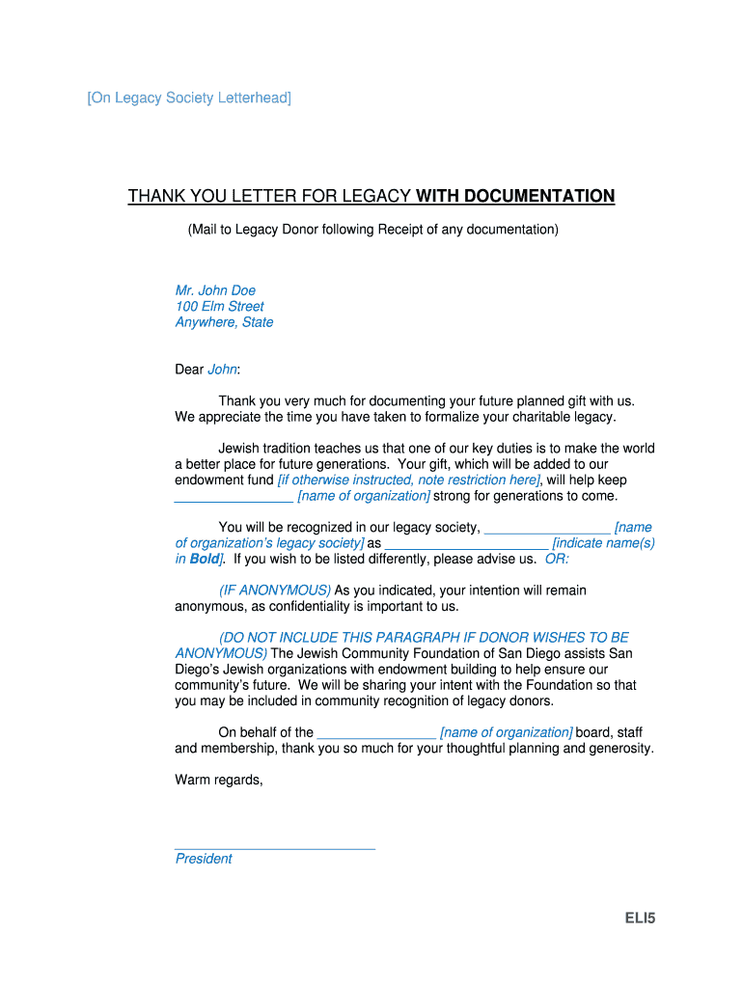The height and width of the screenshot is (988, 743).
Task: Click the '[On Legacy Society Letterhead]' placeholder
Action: pos(189,98)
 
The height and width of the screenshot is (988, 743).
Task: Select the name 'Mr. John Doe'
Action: pos(215,290)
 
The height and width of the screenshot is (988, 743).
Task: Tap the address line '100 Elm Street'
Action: pos(219,307)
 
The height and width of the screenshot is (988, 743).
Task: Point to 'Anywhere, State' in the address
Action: pos(224,322)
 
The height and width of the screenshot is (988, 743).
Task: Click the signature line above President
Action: pos(274,847)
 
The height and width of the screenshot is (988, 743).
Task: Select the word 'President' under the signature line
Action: pos(204,859)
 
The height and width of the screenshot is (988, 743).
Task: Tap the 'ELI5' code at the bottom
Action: pos(638,919)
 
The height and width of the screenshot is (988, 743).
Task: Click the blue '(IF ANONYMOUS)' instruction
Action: pos(275,590)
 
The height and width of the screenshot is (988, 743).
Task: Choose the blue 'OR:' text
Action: pos(557,559)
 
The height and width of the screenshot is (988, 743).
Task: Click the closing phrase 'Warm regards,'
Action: pos(219,780)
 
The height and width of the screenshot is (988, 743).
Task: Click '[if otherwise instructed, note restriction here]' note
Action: pos(408,480)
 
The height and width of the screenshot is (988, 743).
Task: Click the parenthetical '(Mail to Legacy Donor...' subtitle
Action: pos(372,230)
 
